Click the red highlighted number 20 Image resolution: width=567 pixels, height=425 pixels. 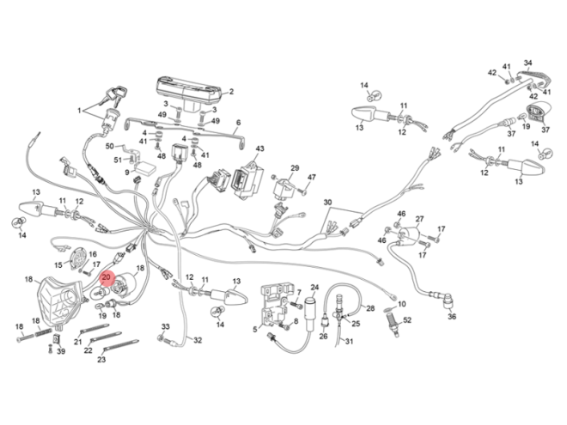coord(107,277)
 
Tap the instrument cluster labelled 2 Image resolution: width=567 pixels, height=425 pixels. coord(189,93)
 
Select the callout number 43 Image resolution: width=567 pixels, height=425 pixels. coord(260,149)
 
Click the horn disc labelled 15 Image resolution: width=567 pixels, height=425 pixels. coord(78,259)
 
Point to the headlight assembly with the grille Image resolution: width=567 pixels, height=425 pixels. coord(60,301)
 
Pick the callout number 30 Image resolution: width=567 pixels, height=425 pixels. coord(327,203)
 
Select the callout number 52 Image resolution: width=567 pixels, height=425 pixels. coord(407,320)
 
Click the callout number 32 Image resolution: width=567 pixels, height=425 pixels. coord(198,340)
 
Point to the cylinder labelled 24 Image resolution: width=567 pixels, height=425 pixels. coord(311,314)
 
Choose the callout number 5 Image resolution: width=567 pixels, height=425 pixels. coord(255,329)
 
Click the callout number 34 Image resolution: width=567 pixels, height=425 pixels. coord(528,63)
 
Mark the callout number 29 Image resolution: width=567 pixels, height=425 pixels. coord(295,168)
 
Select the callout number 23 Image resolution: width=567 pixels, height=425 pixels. coord(101,360)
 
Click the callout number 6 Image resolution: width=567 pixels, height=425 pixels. coord(238,123)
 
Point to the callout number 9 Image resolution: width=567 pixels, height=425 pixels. coord(127,173)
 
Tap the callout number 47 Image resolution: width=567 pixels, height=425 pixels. coord(311,178)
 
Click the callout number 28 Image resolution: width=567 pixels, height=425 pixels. coord(370,308)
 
